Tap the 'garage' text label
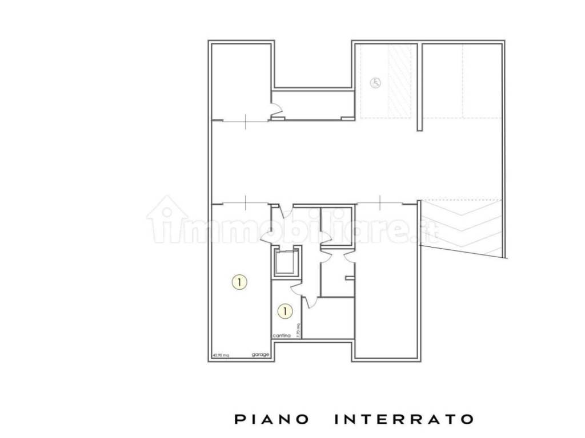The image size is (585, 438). (x=261, y=355)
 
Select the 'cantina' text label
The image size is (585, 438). (x=282, y=336)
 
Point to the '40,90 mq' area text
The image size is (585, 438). (x=221, y=355)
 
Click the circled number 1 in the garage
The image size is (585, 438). (x=240, y=281)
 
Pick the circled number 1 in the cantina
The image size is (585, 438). (x=285, y=311)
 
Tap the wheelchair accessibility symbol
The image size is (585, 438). (x=375, y=83)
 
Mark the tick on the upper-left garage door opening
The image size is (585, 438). (x=245, y=121)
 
